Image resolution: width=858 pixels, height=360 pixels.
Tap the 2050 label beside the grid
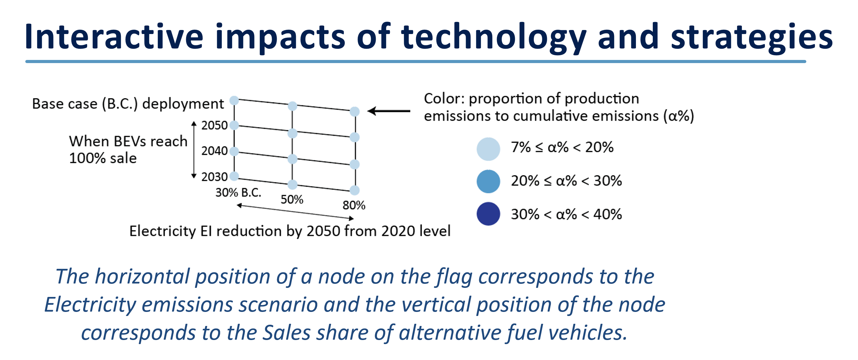click(x=214, y=126)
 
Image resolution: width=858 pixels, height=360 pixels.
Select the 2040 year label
click(x=214, y=151)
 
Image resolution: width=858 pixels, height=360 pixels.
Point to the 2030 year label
click(x=214, y=177)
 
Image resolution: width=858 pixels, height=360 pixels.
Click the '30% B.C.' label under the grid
click(x=238, y=192)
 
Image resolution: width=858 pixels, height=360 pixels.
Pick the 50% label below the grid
click(x=292, y=200)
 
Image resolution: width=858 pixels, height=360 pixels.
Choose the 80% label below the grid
click(x=354, y=205)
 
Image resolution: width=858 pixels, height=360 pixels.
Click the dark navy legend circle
click(x=488, y=214)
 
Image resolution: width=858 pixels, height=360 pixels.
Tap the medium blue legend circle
click(x=488, y=181)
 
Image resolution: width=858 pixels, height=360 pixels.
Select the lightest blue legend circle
click(x=488, y=149)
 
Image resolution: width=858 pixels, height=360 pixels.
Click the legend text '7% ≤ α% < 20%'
click(x=562, y=147)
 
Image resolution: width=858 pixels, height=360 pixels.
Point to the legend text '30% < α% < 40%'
click(x=566, y=214)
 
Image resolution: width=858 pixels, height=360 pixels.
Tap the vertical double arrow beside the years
click(x=194, y=150)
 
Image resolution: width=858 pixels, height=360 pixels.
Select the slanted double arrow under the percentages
click(x=295, y=212)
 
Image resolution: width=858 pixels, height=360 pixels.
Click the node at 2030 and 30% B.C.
click(x=234, y=176)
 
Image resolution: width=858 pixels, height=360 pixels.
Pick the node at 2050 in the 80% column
click(x=355, y=137)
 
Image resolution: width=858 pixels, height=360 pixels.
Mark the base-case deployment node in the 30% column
click(x=234, y=100)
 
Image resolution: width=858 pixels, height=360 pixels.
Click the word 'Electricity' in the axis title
click(x=162, y=231)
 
